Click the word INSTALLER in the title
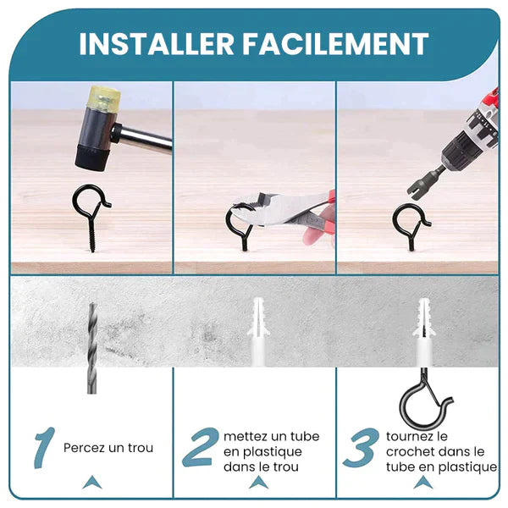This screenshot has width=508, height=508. (157, 44)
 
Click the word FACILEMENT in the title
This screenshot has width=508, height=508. (335, 44)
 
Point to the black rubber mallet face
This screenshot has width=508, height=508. (92, 157)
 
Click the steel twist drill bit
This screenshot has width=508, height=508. (92, 348)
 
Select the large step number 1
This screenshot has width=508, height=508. (45, 448)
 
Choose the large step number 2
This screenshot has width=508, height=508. (200, 447)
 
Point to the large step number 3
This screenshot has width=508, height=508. (361, 447)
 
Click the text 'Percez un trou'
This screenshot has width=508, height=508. (108, 448)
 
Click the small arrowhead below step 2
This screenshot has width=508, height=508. (258, 483)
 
